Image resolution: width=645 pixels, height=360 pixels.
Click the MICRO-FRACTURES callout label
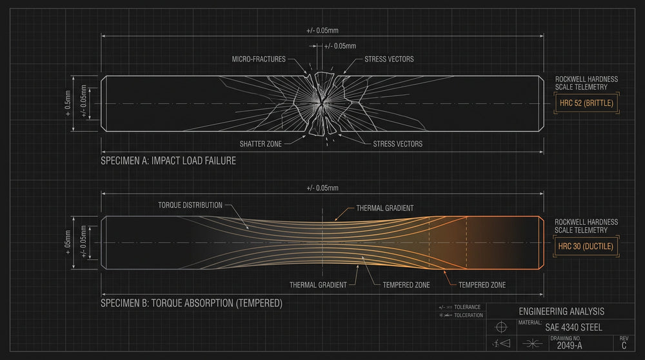pyautogui.click(x=259, y=59)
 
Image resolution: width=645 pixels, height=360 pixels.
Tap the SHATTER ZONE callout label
pyautogui.click(x=261, y=144)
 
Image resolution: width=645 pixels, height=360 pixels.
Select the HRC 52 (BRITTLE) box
pyautogui.click(x=586, y=103)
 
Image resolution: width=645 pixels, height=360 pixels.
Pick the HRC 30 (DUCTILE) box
pyautogui.click(x=586, y=246)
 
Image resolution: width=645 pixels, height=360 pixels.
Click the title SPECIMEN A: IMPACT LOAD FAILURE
pyautogui.click(x=168, y=161)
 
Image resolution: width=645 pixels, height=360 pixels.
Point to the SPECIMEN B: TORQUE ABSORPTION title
pyautogui.click(x=192, y=303)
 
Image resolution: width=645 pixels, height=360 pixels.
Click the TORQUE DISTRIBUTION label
pyautogui.click(x=190, y=205)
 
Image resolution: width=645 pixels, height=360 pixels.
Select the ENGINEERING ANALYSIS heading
pyautogui.click(x=562, y=312)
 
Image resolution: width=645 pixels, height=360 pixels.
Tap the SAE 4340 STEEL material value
pyautogui.click(x=573, y=328)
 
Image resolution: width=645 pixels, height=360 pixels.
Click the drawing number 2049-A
pyautogui.click(x=570, y=346)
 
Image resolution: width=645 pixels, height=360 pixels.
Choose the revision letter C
pyautogui.click(x=624, y=346)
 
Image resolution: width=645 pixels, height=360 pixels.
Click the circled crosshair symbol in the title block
pyautogui.click(x=501, y=327)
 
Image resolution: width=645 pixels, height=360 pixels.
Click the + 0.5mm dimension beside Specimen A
pyautogui.click(x=68, y=103)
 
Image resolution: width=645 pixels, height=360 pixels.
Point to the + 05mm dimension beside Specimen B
pyautogui.click(x=68, y=243)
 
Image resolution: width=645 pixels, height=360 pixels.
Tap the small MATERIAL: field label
pyautogui.click(x=530, y=323)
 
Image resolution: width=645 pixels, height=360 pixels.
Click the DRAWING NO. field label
pyautogui.click(x=566, y=338)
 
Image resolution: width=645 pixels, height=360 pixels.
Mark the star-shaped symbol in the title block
pyautogui.click(x=532, y=343)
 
